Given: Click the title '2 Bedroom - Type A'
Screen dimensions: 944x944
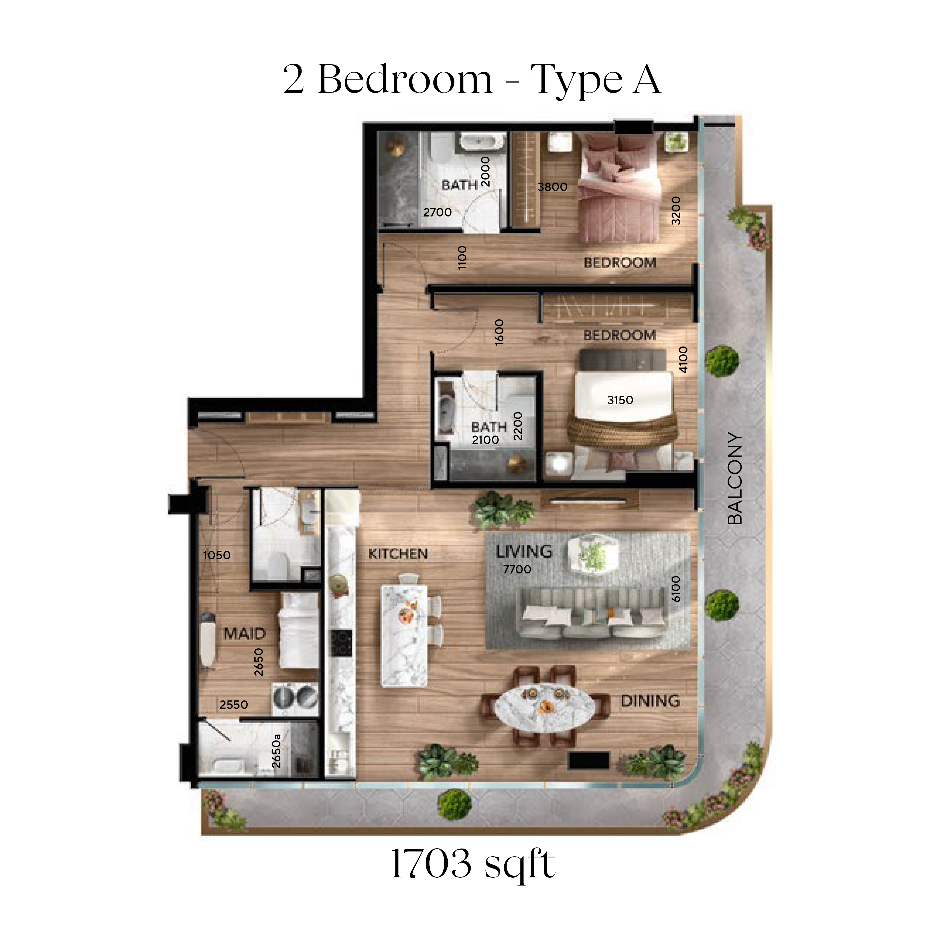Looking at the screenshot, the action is point(472,80).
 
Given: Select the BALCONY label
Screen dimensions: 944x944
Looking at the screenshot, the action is point(734,478).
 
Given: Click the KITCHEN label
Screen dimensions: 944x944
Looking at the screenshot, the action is point(398,554).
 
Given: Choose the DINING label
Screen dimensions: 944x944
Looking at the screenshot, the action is point(650,701).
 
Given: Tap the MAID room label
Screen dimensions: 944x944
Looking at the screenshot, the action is point(244,634).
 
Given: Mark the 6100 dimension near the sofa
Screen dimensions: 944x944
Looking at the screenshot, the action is point(676,589).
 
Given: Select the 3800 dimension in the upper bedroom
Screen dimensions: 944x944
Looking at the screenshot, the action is point(552,187).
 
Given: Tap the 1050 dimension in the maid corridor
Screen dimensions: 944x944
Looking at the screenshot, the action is point(217,555).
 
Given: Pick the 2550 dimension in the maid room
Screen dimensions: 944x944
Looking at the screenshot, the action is point(234,704).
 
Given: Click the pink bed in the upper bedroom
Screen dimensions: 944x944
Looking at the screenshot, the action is point(620,188).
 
